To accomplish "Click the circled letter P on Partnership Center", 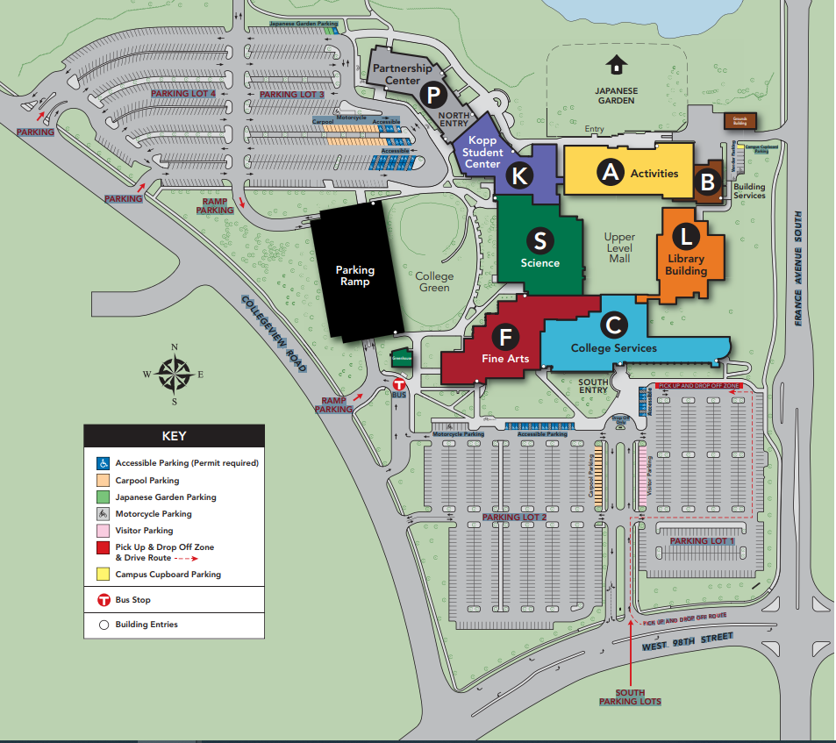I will tap(432, 95).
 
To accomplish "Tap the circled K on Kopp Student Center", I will tap(520, 175).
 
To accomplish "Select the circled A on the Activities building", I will tap(610, 173).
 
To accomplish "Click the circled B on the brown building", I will tap(706, 182).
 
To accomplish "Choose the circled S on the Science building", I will tap(539, 240).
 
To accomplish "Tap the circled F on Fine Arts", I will tap(504, 336).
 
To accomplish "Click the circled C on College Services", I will tap(614, 325).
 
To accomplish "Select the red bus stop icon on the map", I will tap(398, 384).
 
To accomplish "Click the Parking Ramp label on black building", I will tap(354, 275).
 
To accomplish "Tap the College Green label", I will tap(434, 282).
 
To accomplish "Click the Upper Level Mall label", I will tap(618, 248).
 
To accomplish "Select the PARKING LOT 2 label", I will tap(514, 518).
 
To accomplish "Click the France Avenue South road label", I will tap(798, 268).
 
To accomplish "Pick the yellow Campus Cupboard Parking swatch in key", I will tap(103, 575).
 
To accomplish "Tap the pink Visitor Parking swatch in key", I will tap(103, 531).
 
